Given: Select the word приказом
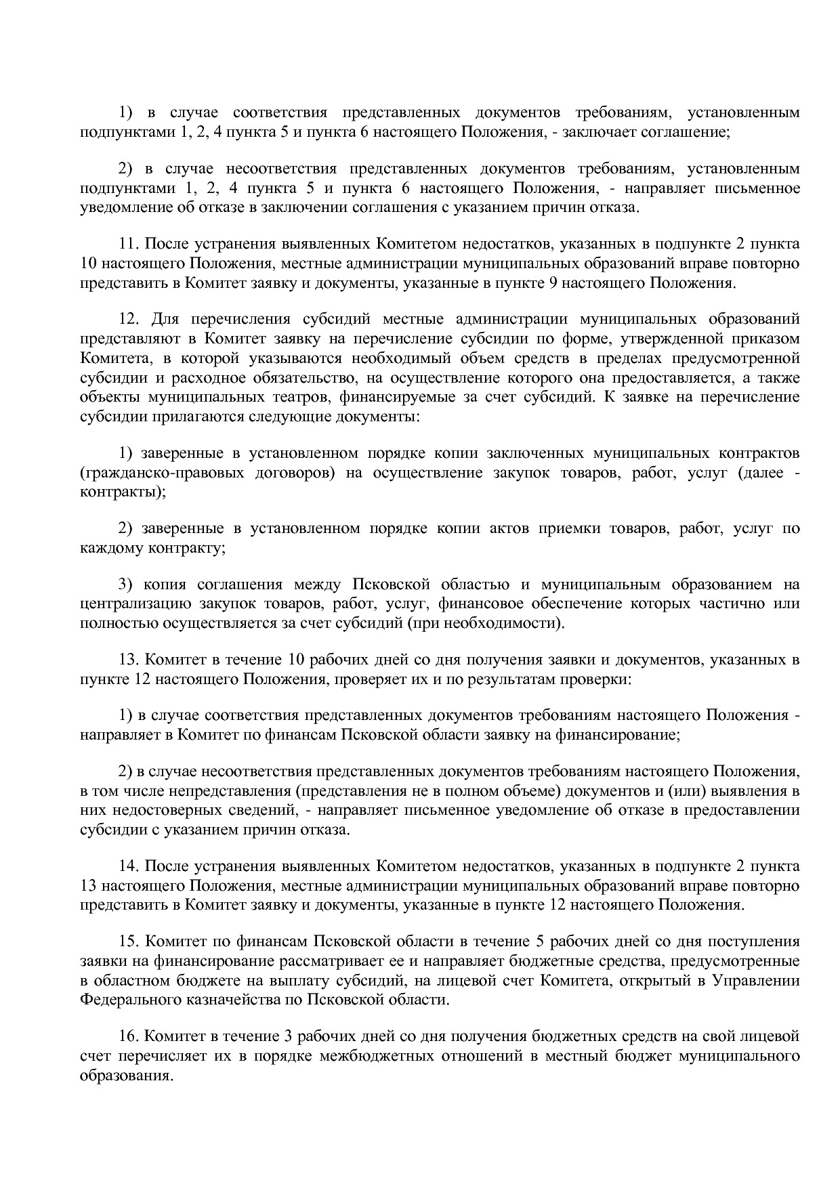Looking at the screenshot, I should coord(768,338).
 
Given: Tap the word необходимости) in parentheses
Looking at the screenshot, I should coord(515,622).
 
